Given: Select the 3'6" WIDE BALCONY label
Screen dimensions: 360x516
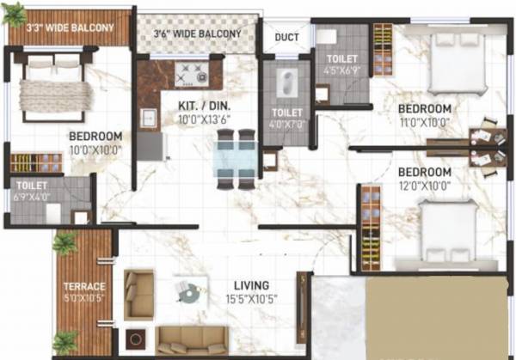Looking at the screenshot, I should (x=196, y=34).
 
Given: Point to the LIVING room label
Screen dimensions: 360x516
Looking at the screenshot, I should (x=250, y=285).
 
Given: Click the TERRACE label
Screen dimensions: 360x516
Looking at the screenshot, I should (x=84, y=286).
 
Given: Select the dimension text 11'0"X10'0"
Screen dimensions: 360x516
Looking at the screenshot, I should (x=424, y=123).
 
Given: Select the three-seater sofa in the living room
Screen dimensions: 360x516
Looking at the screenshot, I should (x=192, y=339).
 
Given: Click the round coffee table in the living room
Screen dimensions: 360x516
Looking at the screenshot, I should (x=188, y=293).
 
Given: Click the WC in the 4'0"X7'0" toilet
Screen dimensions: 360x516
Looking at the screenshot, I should (x=285, y=85).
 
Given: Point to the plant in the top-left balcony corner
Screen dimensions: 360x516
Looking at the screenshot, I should (x=14, y=13).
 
